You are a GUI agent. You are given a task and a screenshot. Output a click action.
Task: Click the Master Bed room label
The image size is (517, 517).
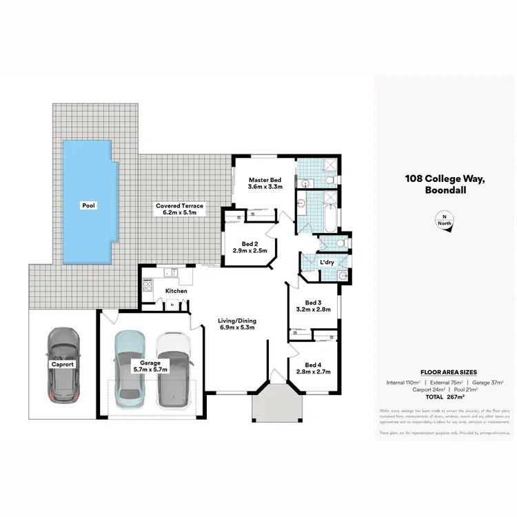click(265, 183)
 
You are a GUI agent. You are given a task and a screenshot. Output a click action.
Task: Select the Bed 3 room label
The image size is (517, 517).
click(314, 306)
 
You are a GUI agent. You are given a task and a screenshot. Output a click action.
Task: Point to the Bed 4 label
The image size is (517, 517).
click(313, 368)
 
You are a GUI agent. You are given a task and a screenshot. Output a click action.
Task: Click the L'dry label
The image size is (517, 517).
click(326, 262)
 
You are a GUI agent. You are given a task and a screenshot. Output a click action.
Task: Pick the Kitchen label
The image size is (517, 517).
click(176, 291)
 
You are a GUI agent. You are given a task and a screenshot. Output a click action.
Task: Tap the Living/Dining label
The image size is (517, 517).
click(236, 323)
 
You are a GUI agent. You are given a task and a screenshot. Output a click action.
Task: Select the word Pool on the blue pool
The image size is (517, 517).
click(88, 205)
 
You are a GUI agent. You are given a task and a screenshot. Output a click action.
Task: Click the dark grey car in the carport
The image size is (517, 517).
click(62, 366)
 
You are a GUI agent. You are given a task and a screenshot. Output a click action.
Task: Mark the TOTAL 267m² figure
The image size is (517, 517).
click(444, 397)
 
